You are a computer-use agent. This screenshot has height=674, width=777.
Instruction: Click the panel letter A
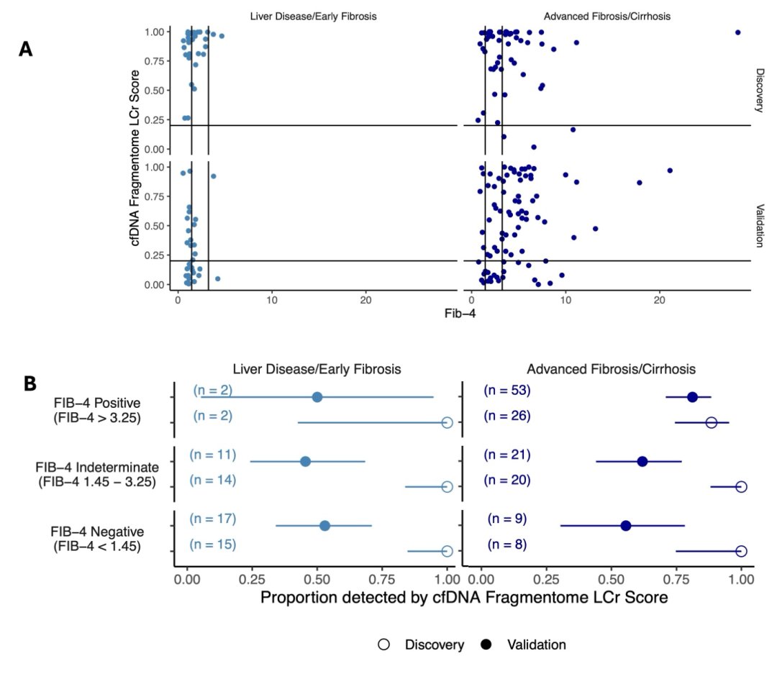click(x=26, y=49)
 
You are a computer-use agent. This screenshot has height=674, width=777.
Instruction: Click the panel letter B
click(x=30, y=383)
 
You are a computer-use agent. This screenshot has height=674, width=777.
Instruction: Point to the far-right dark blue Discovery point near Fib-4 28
click(x=737, y=32)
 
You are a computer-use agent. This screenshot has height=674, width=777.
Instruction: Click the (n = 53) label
click(x=507, y=391)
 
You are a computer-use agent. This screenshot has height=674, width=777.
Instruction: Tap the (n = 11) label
click(x=213, y=455)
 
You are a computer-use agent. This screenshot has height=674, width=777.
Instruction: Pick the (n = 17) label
click(x=213, y=519)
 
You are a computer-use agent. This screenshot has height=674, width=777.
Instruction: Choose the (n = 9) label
click(x=507, y=519)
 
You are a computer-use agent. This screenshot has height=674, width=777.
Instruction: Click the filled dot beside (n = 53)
click(x=692, y=397)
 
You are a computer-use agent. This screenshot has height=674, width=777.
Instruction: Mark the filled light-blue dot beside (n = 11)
click(x=305, y=461)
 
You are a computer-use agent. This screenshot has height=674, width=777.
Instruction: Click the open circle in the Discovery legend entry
click(x=384, y=645)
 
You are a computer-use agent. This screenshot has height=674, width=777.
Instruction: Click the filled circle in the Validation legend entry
click(x=487, y=645)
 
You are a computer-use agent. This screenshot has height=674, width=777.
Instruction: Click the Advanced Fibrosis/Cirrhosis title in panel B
click(x=611, y=369)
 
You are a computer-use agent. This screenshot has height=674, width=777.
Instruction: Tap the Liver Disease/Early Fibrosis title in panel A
click(x=313, y=16)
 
